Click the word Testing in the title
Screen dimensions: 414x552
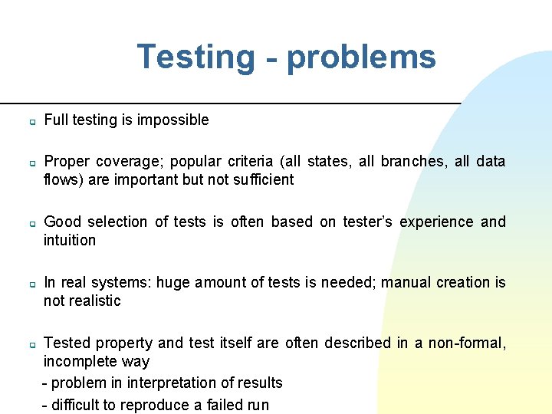point(195,57)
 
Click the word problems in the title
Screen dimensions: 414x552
point(360,57)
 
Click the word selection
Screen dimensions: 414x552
point(117,222)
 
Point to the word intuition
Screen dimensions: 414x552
point(70,240)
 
